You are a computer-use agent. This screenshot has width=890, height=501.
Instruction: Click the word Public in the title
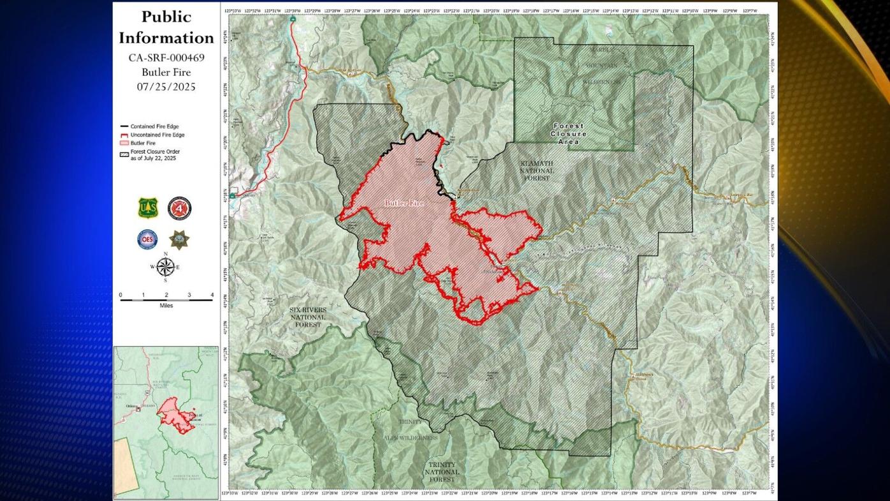pyautogui.click(x=166, y=17)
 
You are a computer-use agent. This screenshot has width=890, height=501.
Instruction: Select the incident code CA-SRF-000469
pyautogui.click(x=166, y=57)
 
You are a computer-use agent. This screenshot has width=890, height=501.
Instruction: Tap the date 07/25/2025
pyautogui.click(x=166, y=87)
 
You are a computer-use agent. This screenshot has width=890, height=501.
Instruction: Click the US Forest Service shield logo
pyautogui.click(x=147, y=208)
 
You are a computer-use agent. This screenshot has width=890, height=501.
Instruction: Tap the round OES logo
pyautogui.click(x=147, y=239)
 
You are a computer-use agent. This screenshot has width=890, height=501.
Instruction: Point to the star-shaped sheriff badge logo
pyautogui.click(x=179, y=239)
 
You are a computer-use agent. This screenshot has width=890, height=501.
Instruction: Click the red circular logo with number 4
pyautogui.click(x=179, y=208)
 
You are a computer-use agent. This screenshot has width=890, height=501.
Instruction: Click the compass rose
pyautogui.click(x=165, y=267)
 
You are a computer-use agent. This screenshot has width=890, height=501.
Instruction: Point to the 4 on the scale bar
pyautogui.click(x=212, y=295)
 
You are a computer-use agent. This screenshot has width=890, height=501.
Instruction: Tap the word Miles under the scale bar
pyautogui.click(x=166, y=306)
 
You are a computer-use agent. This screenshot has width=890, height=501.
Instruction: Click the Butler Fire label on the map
pyautogui.click(x=404, y=203)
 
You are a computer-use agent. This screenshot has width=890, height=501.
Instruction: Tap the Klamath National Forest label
pyautogui.click(x=536, y=171)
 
